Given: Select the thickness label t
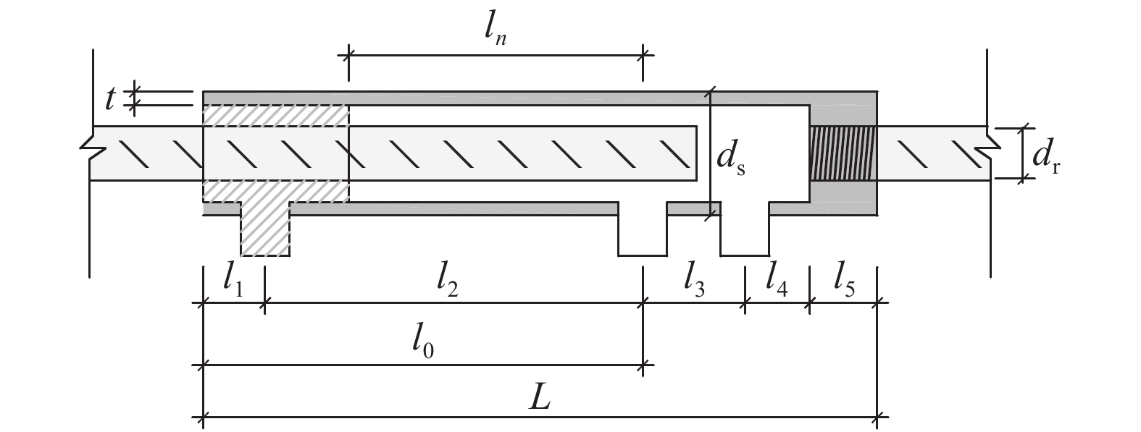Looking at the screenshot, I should tap(110, 99).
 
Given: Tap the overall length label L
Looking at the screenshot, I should tap(540, 399).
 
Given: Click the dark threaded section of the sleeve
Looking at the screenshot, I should tap(842, 153).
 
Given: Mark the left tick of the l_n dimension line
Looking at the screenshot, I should tap(348, 55).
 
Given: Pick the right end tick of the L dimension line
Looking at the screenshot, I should tap(879, 417).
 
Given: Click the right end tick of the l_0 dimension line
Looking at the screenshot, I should tap(642, 365).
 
